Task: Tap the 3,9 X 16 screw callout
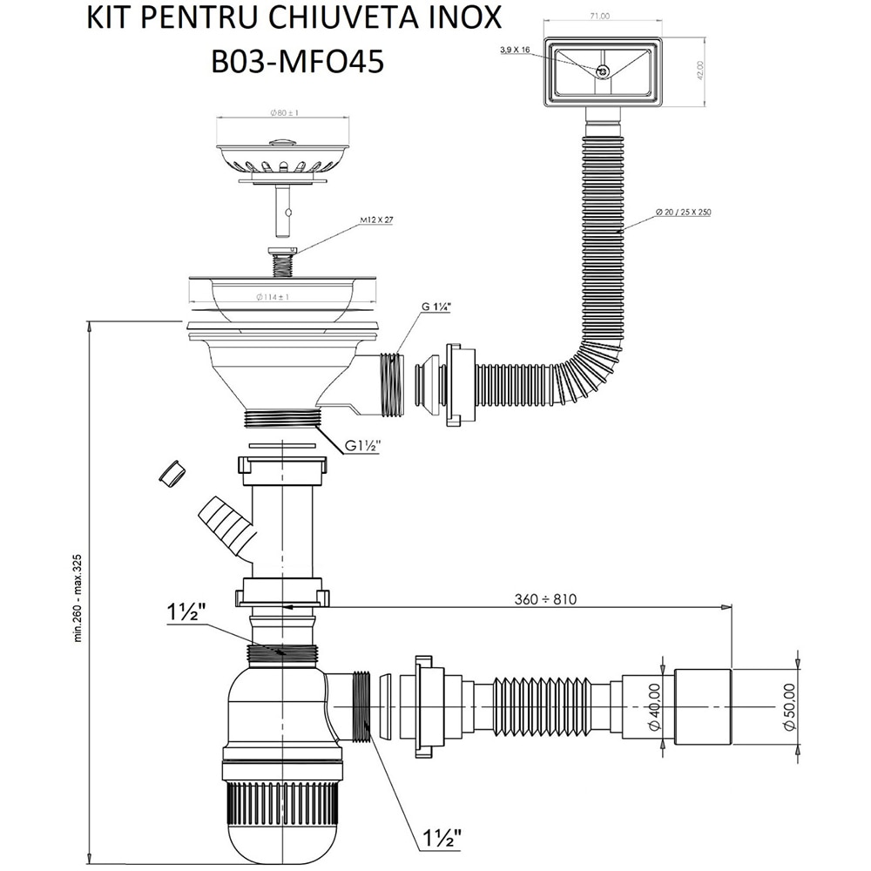click(516, 51)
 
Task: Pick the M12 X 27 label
click(375, 220)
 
